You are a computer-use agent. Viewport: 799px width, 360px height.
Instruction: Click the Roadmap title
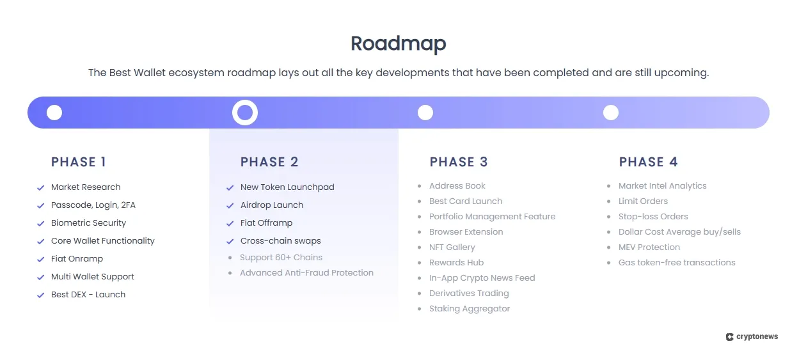point(398,43)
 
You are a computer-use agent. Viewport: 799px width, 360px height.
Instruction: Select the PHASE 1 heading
point(79,162)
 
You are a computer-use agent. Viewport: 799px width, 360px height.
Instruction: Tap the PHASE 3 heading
point(459,162)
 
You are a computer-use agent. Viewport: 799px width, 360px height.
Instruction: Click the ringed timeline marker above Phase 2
point(244,113)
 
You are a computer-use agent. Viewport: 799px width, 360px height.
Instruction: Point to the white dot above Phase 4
point(611,113)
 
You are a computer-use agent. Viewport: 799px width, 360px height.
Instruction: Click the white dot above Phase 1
point(54,113)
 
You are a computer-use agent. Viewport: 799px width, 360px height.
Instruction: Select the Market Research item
point(86,187)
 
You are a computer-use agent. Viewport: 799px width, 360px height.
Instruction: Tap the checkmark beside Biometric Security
point(40,224)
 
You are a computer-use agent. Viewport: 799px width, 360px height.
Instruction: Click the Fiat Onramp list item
point(77,259)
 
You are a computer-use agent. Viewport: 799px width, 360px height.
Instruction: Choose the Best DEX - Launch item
point(88,295)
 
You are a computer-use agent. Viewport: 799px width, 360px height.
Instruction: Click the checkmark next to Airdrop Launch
point(230,206)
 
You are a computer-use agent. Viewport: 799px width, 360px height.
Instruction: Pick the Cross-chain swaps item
point(280,241)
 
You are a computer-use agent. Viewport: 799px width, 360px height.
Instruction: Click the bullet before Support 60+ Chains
point(230,258)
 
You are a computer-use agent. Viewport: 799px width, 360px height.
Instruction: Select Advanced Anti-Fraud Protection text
point(306,273)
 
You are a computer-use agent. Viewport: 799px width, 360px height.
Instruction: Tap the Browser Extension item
point(466,232)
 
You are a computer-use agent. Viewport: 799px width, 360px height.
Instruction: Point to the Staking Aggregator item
point(470,309)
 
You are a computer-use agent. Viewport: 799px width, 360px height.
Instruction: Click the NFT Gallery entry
point(452,247)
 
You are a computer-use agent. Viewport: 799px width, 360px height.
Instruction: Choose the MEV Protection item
point(649,247)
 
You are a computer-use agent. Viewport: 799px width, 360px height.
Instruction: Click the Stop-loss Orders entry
point(653,217)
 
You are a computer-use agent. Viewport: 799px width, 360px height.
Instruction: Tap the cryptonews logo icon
point(729,337)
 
